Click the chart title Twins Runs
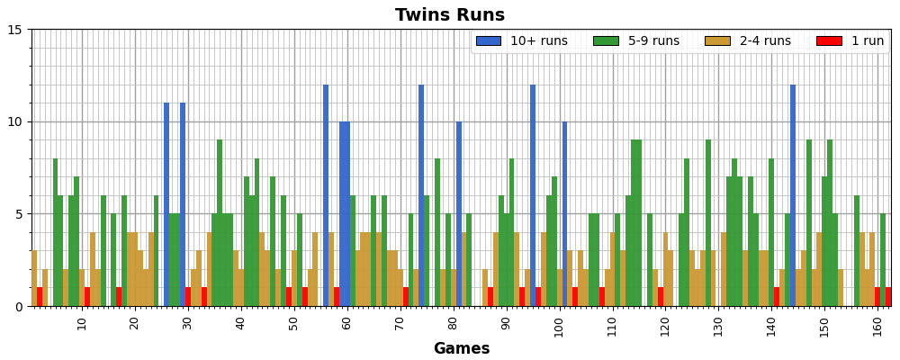[x=449, y=15]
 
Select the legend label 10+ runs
[x=539, y=41]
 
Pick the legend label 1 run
[x=861, y=41]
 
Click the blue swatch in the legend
[x=488, y=41]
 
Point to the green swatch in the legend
[x=606, y=41]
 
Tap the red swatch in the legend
[x=829, y=41]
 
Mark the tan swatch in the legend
[x=717, y=41]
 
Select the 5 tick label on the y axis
[x=17, y=214]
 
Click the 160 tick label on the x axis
[x=878, y=324]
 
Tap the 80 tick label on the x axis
[x=454, y=324]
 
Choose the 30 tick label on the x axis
[x=188, y=324]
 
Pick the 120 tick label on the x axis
[x=666, y=324]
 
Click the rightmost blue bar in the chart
[x=793, y=195]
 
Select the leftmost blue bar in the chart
[x=166, y=204]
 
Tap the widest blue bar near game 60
[x=345, y=213]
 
